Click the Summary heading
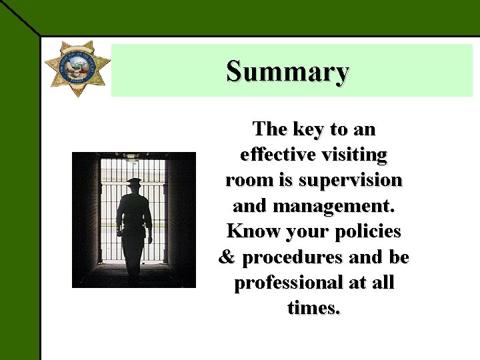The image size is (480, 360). pos(287,71)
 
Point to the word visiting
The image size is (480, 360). pos(355,155)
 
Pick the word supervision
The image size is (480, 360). pos(351,181)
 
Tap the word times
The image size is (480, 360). pos(314,308)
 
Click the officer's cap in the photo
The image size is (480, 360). pos(134,181)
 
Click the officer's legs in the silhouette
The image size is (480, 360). pos(134,257)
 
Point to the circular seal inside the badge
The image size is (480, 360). pos(78,65)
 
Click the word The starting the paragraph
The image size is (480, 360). pos(269,129)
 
